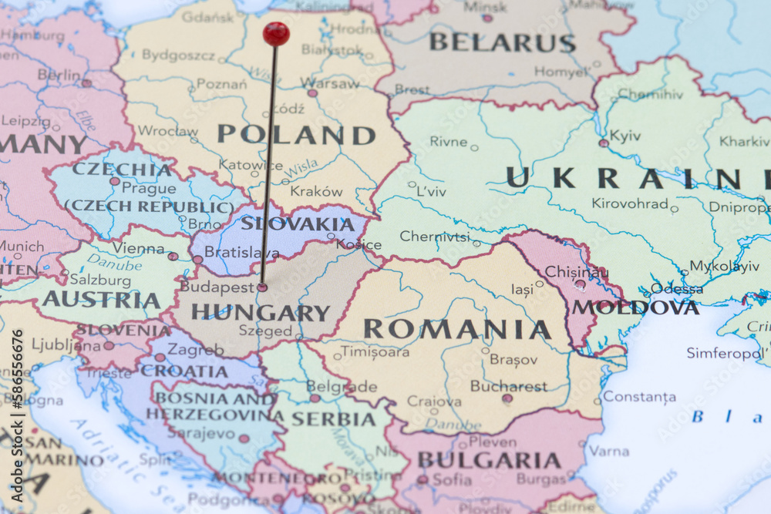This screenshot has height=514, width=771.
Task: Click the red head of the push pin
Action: pos(275,33)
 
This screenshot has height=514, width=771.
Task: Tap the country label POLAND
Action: pos(296,135)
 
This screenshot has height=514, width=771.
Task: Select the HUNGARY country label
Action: pos(261,313)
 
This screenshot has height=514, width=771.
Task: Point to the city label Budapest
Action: pos(217,287)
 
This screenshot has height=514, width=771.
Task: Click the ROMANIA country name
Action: pos(457,330)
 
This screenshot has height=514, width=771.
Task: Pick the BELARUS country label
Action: pos(502,42)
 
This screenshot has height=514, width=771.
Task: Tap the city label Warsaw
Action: pos(330,83)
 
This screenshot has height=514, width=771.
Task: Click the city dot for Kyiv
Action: pos(604,143)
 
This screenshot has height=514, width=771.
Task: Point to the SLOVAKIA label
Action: pos(297,224)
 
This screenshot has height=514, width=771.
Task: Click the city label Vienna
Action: pos(139,248)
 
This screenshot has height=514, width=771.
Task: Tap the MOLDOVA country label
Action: pos(635,307)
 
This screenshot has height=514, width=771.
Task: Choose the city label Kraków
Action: pos(316,191)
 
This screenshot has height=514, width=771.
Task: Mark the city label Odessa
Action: pos(676,289)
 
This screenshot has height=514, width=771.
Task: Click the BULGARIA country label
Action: pos(489,461)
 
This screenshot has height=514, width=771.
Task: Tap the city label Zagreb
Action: pos(195,349)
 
